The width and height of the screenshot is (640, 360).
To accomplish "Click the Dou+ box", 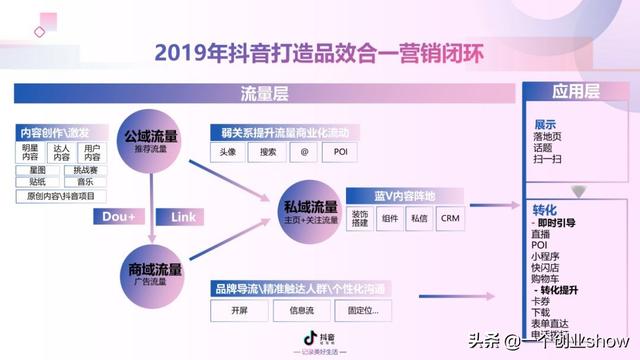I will pos(119,216).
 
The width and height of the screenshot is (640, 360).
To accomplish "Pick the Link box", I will pos(183,216).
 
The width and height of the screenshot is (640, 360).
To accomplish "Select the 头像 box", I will pos(226,152).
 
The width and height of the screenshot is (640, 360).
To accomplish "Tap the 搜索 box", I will pos(268,152).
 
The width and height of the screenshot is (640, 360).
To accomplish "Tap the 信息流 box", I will pos(302,310).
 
